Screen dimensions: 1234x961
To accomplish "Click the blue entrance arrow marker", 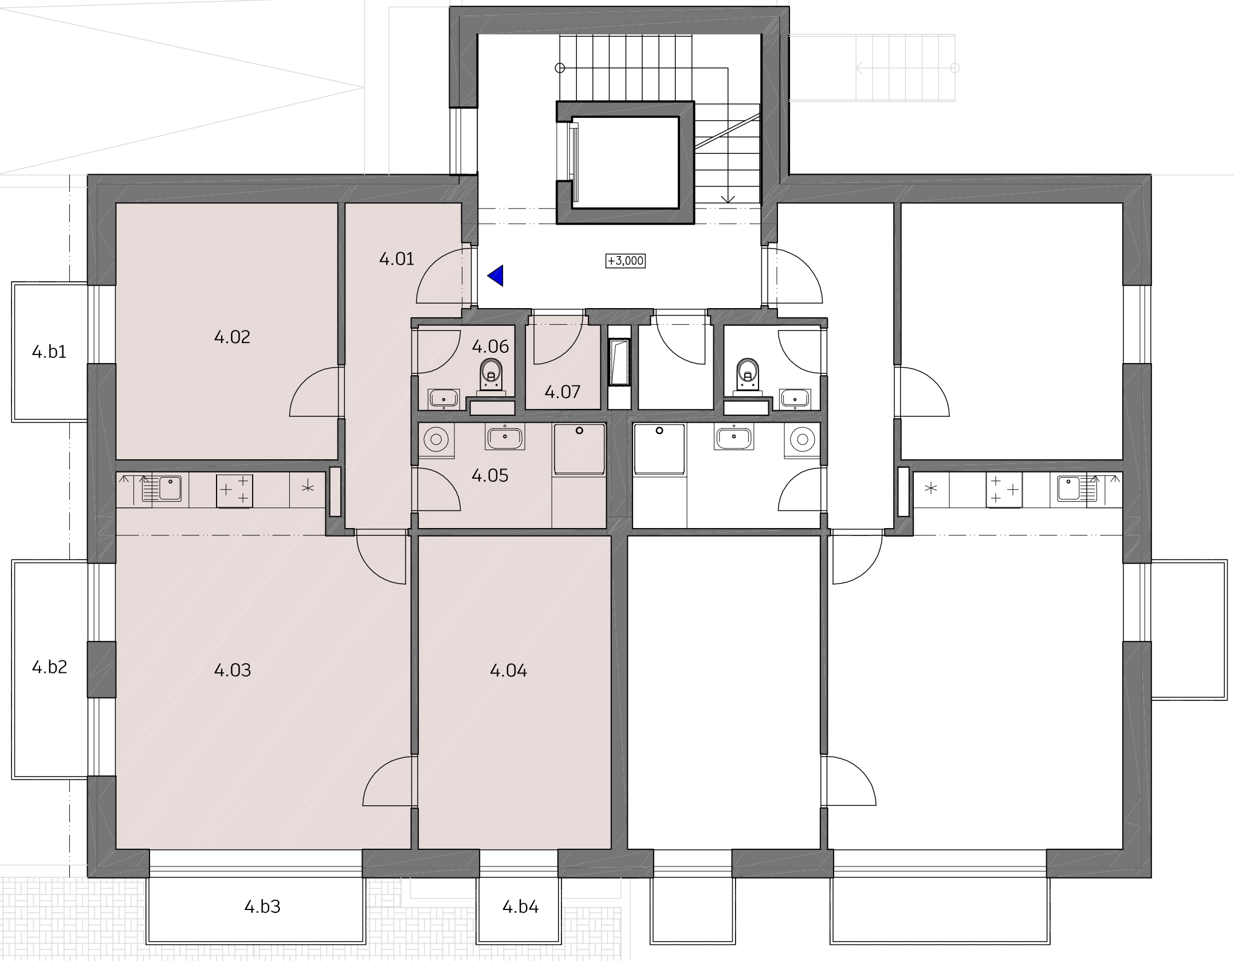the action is [x=496, y=275].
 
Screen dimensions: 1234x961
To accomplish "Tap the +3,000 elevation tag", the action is [x=626, y=261].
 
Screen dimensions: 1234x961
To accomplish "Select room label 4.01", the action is [x=396, y=259].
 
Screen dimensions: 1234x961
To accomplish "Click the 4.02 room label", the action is [x=232, y=337].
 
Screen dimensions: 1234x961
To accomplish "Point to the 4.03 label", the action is [x=232, y=670].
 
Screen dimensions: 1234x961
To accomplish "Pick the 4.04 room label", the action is [x=508, y=670].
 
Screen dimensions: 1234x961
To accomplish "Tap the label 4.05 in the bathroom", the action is [x=490, y=475].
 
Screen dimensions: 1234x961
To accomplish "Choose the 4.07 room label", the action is [x=562, y=392].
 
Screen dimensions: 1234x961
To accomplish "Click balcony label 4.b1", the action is [x=49, y=352].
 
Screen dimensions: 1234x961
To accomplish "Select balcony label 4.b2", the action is [x=50, y=667].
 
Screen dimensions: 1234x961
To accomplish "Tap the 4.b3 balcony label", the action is [x=262, y=907].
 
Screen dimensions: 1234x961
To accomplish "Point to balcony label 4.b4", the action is [x=521, y=907].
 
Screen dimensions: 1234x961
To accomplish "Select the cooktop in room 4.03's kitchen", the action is [x=234, y=490].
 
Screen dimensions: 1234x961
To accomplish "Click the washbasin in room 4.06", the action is [x=443, y=398].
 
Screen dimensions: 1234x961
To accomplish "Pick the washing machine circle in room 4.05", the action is [x=437, y=440].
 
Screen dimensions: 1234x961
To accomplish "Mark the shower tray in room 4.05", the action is [x=579, y=449].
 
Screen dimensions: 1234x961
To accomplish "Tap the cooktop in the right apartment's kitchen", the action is [x=1004, y=490].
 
